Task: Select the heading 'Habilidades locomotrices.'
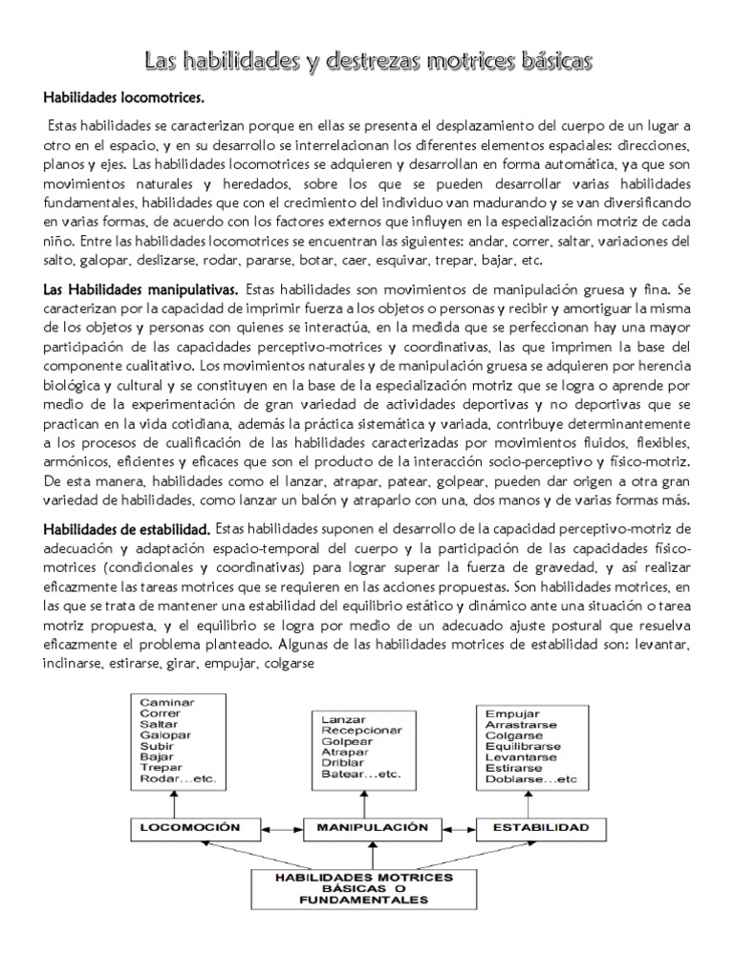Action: pos(123,97)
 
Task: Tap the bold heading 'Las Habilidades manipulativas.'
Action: pos(141,289)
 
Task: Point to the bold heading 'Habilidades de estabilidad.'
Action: pos(128,528)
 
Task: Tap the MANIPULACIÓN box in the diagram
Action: pos(372,828)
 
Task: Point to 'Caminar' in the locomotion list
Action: pos(166,702)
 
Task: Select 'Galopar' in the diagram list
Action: pos(164,736)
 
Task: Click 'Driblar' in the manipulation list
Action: pos(343,763)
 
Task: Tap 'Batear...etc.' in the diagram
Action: pos(360,775)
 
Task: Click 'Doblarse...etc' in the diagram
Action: pos(531,778)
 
